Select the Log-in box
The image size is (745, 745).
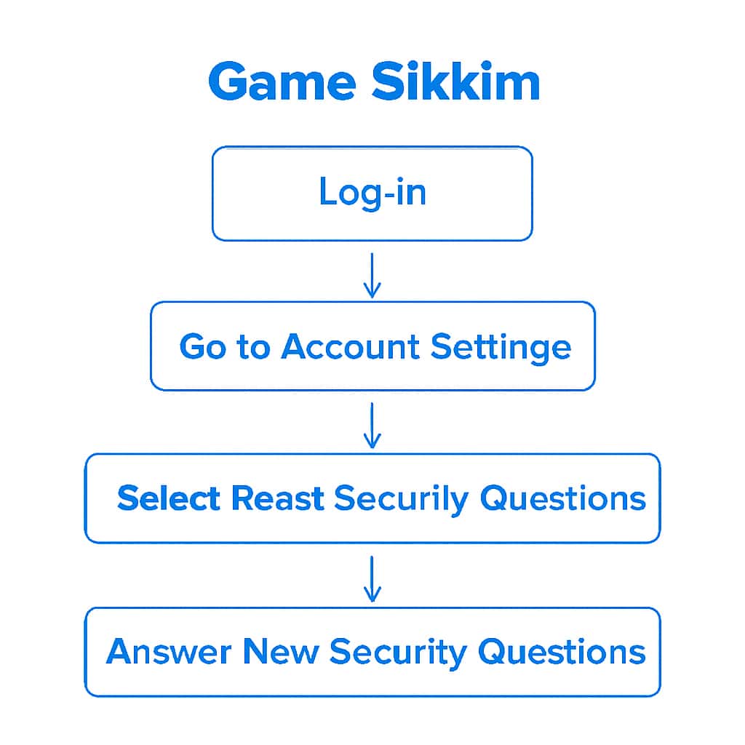(372, 193)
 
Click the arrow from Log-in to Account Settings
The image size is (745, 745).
(372, 275)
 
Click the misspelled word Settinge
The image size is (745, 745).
(501, 347)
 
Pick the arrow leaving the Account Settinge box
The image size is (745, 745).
(372, 426)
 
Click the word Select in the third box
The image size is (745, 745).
(168, 498)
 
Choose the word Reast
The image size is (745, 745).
(277, 498)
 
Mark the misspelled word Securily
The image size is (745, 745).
(401, 500)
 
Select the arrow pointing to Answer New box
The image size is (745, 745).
(372, 579)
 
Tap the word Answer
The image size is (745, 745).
(169, 651)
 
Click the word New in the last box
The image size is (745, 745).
(280, 651)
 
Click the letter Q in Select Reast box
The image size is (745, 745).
(494, 499)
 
